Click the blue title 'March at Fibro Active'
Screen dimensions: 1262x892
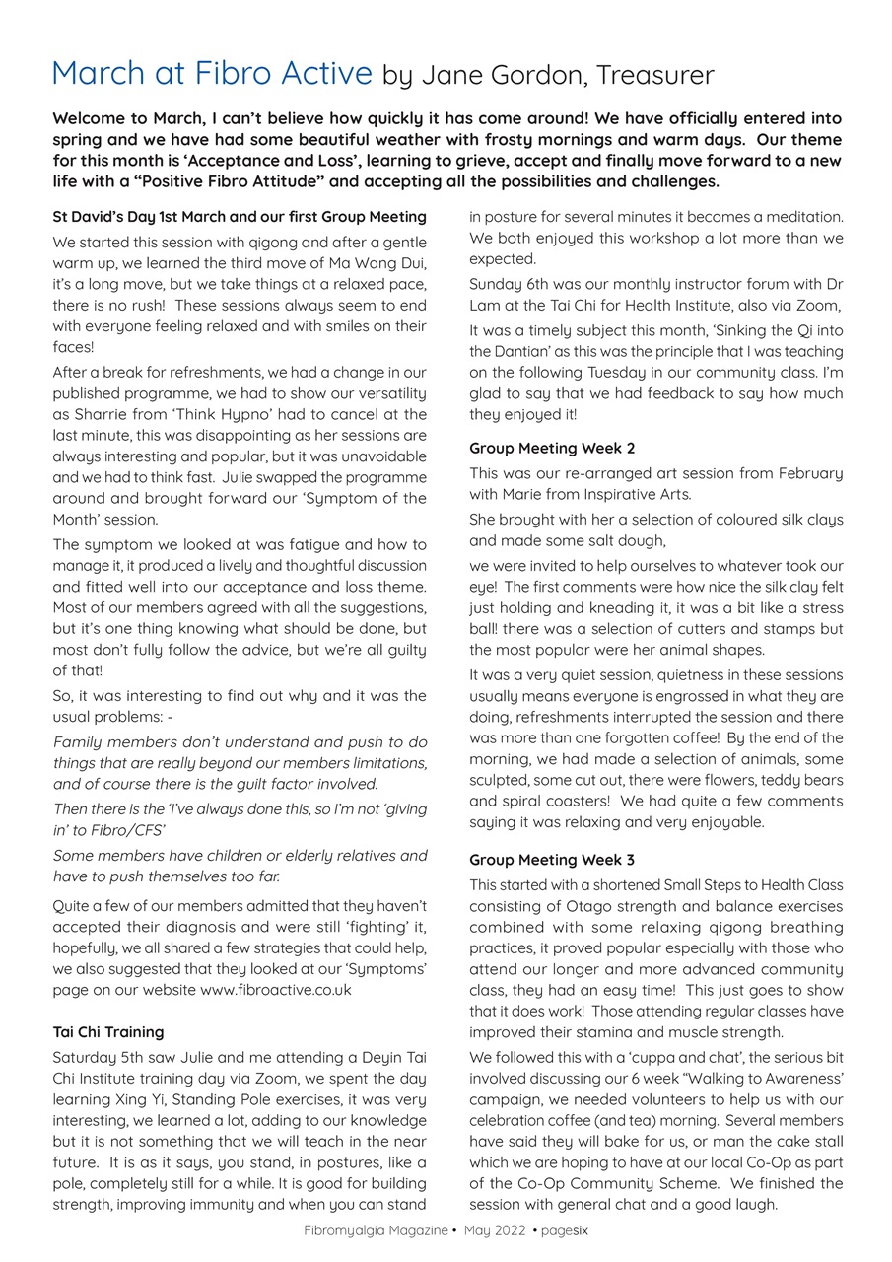[x=212, y=74]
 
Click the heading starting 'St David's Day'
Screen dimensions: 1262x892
[x=240, y=216]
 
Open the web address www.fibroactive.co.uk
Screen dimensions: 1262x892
[x=275, y=989]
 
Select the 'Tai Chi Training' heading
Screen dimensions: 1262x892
[x=108, y=1032]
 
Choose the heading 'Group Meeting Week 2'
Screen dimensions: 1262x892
[x=552, y=448]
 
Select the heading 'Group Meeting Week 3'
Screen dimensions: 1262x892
[x=552, y=860]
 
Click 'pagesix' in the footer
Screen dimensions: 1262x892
[x=564, y=1229]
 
